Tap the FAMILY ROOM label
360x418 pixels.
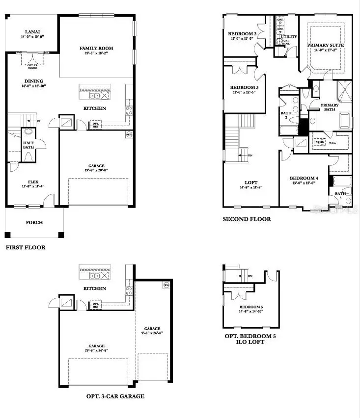(x=96, y=48)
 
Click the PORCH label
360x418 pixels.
(x=34, y=222)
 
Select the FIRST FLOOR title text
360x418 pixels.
(x=26, y=247)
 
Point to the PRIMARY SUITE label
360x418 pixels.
(x=325, y=45)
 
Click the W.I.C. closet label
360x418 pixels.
(x=332, y=143)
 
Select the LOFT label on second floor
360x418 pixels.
(x=250, y=183)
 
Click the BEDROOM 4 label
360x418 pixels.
(x=304, y=178)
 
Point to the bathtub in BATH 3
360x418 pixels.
(x=340, y=182)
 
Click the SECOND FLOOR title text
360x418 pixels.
(x=247, y=219)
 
